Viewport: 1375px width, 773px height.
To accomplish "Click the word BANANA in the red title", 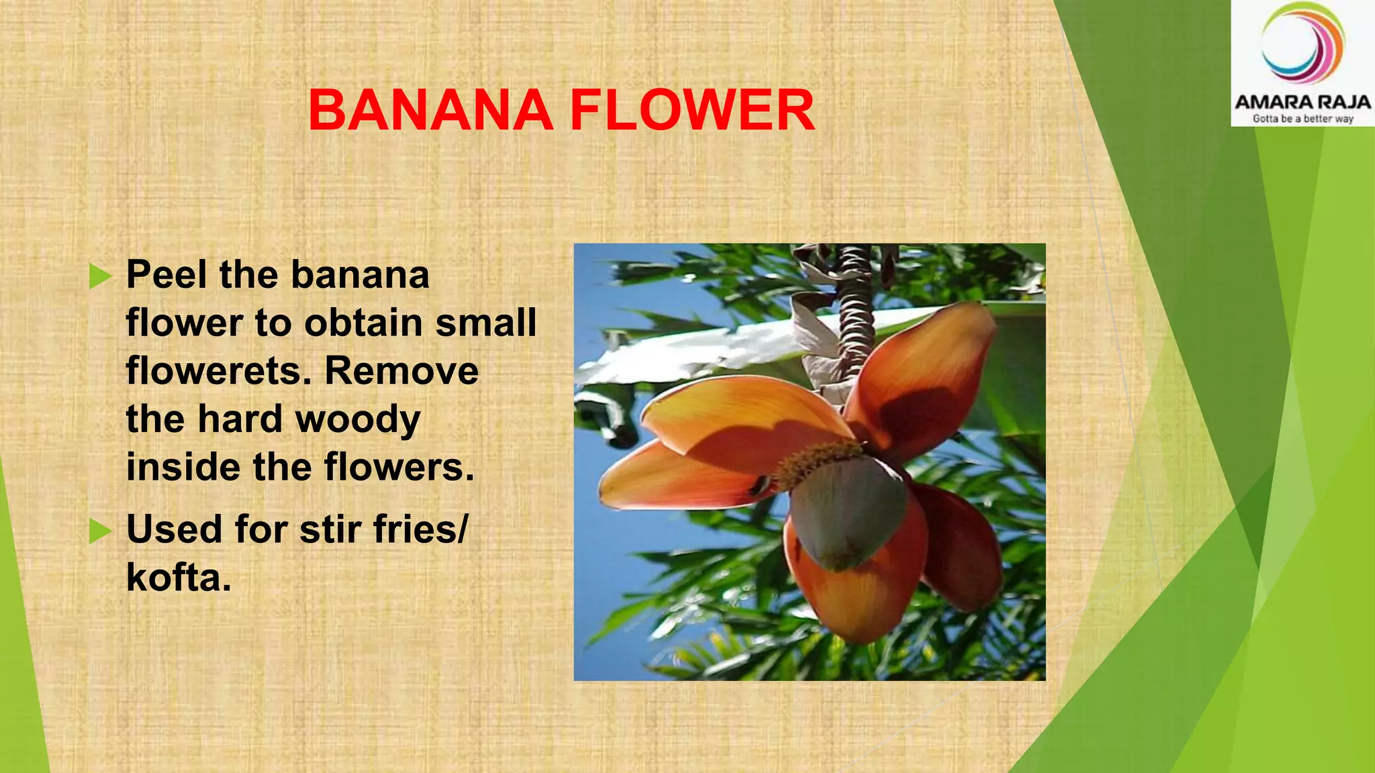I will pos(430,111).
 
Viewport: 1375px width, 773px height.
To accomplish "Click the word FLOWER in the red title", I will pos(692,111).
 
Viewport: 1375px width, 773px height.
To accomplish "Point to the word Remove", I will pos(401,371).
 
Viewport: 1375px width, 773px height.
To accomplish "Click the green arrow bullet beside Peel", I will pos(100,276).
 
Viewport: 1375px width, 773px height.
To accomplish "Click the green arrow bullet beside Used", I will pos(100,531).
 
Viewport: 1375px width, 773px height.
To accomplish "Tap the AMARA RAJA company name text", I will pos(1302,102).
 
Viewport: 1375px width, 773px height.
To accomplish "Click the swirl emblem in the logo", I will pos(1302,44).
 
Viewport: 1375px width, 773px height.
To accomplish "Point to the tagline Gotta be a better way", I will pos(1302,119).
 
